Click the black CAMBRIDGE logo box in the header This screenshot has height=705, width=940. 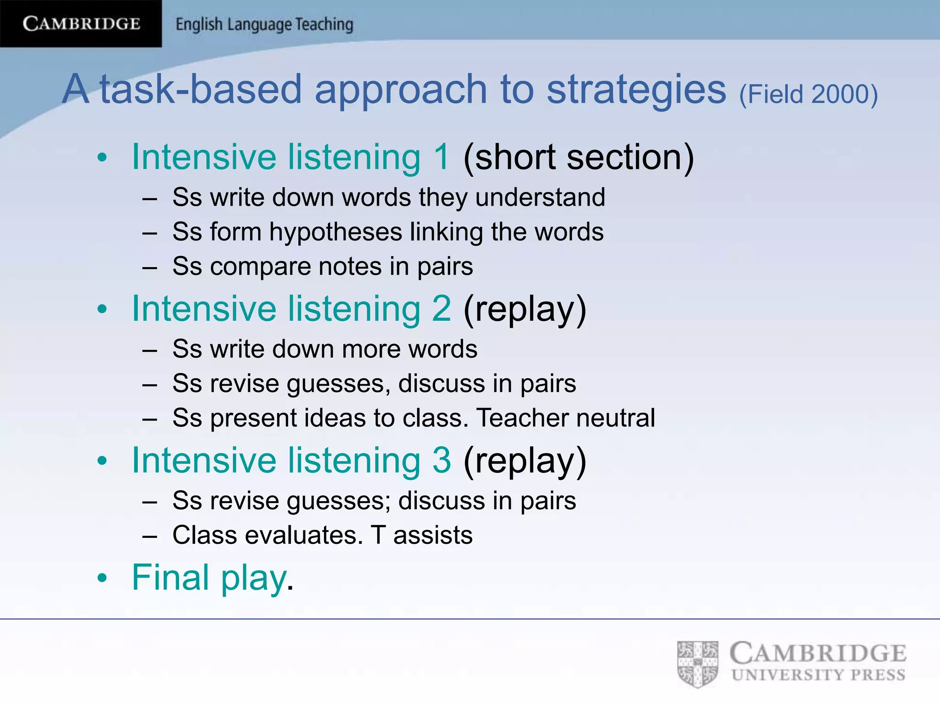click(81, 23)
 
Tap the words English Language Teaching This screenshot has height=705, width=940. click(264, 24)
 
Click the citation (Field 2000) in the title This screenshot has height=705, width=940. click(808, 94)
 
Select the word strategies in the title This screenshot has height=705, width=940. click(636, 90)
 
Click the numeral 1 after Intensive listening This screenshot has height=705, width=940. click(442, 157)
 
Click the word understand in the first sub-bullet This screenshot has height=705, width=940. click(540, 197)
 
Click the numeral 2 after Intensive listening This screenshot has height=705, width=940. click(442, 308)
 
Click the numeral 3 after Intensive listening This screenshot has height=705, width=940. click(442, 460)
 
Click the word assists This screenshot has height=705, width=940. click(432, 535)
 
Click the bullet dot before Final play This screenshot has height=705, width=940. click(102, 578)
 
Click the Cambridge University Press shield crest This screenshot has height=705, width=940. click(698, 664)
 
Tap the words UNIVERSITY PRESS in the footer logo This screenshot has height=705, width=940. click(818, 675)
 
